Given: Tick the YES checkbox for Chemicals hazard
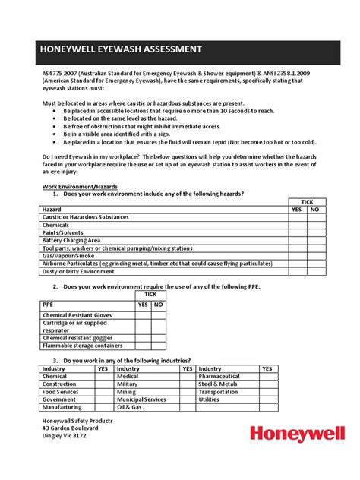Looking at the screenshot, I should (296, 226).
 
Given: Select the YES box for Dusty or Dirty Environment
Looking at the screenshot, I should (296, 271).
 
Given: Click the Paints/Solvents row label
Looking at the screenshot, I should (65, 233).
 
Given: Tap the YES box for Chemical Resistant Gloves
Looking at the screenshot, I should (142, 314).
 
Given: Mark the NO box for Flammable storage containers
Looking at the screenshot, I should (158, 344).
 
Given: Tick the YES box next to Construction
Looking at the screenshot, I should (103, 384).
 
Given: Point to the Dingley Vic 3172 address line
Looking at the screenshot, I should (65, 437).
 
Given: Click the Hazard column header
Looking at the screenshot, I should (52, 210).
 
